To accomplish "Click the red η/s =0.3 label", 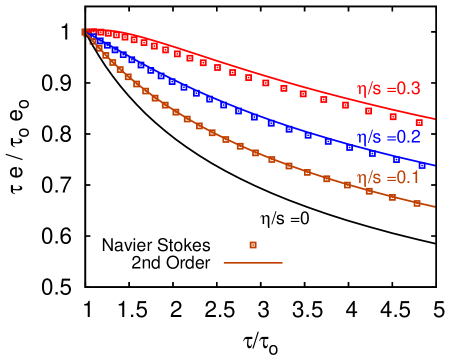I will pyautogui.click(x=388, y=89).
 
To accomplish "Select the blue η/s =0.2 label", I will pyautogui.click(x=388, y=138).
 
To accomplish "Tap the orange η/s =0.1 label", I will pyautogui.click(x=388, y=177).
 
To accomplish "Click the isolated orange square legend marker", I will pyautogui.click(x=253, y=245).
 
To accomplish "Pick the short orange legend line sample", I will pyautogui.click(x=252, y=263).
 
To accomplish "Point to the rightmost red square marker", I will pyautogui.click(x=419, y=123).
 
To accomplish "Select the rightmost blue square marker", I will pyautogui.click(x=420, y=165).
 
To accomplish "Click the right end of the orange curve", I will pyautogui.click(x=434, y=207).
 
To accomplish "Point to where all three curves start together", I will pyautogui.click(x=86, y=32).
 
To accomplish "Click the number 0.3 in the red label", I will pyautogui.click(x=408, y=89).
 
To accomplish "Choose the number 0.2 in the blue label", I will pyautogui.click(x=408, y=138).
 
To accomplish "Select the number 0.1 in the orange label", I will pyautogui.click(x=408, y=177).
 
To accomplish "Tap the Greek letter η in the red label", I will pyautogui.click(x=363, y=90).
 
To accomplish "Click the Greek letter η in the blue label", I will pyautogui.click(x=363, y=139).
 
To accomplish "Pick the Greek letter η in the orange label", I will pyautogui.click(x=363, y=178).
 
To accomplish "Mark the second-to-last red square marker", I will pyautogui.click(x=393, y=117).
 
